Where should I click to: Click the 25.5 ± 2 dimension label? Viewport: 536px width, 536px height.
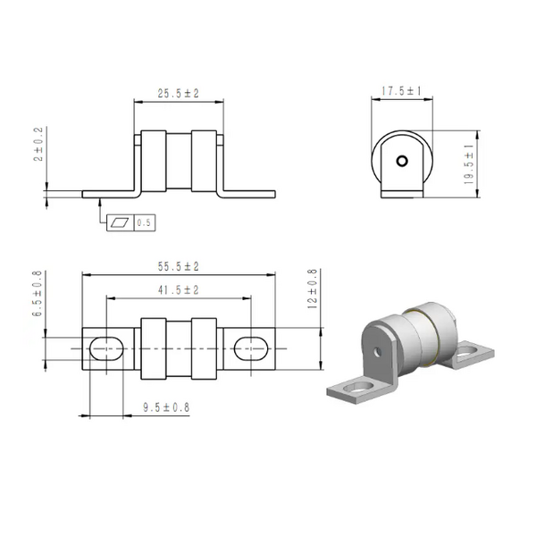[x=178, y=93]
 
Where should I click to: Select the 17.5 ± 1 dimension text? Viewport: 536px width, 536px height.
[x=401, y=91]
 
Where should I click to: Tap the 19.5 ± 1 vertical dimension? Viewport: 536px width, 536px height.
[x=469, y=164]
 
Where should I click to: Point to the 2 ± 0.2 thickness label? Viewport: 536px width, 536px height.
[x=38, y=144]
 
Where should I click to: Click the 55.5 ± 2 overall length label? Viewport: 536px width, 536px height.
[x=178, y=266]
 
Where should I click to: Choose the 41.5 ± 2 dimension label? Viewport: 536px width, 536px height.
[x=178, y=290]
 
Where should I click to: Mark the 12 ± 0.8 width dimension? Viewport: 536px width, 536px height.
[x=313, y=289]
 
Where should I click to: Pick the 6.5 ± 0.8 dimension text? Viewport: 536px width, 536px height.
[x=37, y=293]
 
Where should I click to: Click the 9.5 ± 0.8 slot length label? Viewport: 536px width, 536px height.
[x=166, y=407]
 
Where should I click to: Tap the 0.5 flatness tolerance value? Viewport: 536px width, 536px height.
[x=144, y=222]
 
